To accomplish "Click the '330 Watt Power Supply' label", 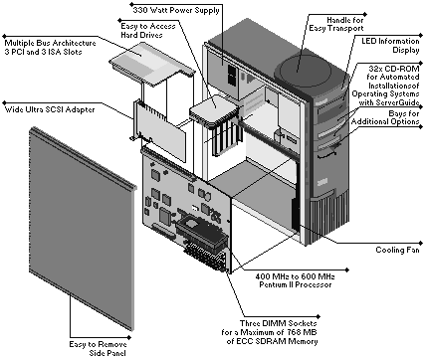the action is [176, 10].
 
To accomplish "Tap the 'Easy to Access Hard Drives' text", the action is [148, 31].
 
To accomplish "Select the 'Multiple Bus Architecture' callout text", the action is [51, 43].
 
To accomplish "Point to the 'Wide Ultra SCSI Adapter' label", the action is [50, 109].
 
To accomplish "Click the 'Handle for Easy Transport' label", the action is [336, 24].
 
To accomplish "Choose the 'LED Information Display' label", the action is [390, 46].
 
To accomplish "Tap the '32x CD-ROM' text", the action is [394, 69].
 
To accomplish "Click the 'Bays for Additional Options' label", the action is [385, 117].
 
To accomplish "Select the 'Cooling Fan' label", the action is [397, 250].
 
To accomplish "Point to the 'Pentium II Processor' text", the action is [296, 284].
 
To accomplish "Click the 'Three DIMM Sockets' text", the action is [279, 323].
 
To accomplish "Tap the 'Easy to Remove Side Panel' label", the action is [98, 349].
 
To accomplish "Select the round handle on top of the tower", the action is [306, 71].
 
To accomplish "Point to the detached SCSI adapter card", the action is [160, 130].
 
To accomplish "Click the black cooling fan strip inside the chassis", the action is [295, 215].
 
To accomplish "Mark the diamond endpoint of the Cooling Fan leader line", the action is [421, 244].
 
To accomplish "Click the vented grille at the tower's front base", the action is [328, 217].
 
